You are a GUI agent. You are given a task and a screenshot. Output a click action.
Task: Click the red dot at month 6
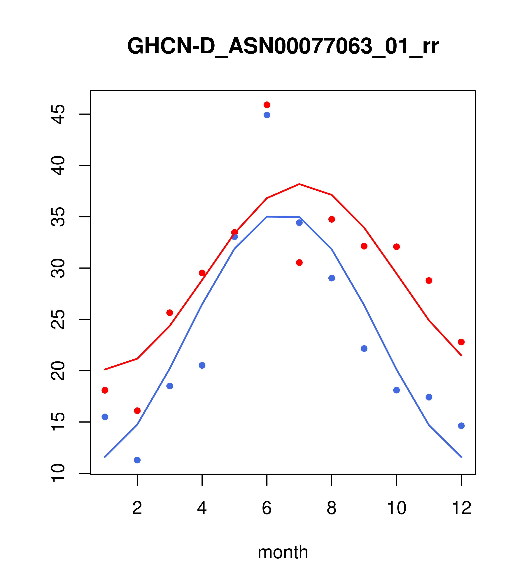[x=267, y=105]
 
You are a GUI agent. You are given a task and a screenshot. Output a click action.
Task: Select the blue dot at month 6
[x=267, y=115]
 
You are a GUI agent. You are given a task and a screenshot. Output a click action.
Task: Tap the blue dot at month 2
[x=137, y=460]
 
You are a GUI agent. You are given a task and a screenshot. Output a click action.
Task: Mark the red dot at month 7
[x=299, y=263]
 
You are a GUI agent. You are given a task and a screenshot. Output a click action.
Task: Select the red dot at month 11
[x=429, y=281]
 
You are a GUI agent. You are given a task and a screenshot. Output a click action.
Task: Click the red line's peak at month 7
[x=299, y=184]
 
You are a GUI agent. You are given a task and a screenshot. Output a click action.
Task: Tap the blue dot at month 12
[x=461, y=426]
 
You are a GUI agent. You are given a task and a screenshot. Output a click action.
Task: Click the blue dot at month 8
[x=332, y=278]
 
